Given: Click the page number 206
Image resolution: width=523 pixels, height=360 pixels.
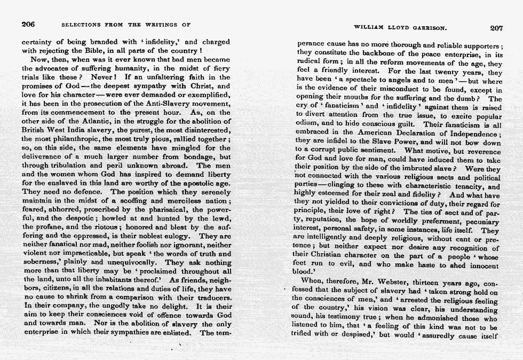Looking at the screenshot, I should click(x=28, y=24).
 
